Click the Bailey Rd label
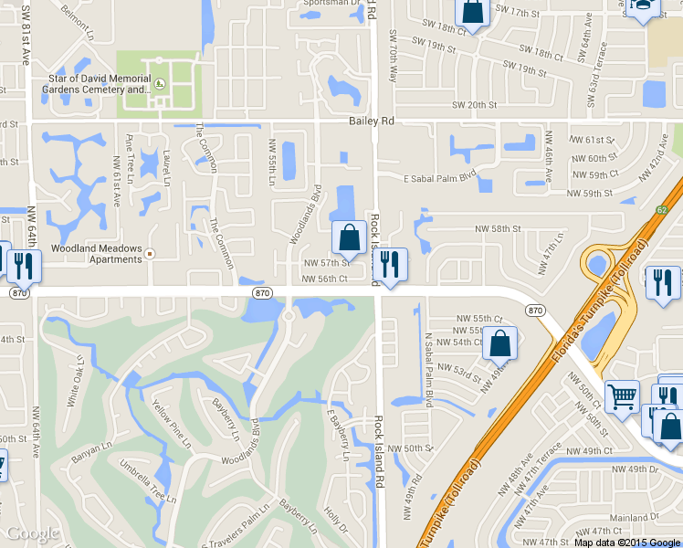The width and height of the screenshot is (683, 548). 371,121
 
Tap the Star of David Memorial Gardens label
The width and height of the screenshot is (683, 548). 100,84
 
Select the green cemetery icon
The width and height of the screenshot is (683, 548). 160,84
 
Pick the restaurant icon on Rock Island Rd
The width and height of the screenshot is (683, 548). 390,265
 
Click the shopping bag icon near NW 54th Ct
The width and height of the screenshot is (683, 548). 499,343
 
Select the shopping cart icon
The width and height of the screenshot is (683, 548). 622,397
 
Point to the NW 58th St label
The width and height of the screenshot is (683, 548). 497,229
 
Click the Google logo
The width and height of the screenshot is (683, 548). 32,533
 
